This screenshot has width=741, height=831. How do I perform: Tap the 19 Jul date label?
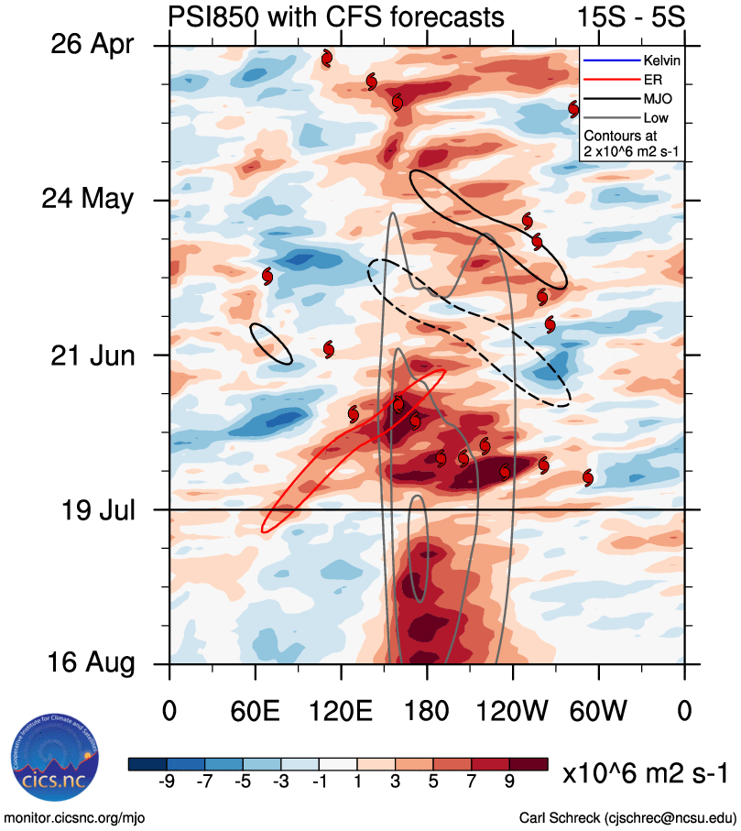click(x=92, y=509)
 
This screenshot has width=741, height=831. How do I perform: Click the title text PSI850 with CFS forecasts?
click(x=335, y=17)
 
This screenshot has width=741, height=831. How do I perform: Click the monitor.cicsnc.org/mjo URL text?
click(x=75, y=816)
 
